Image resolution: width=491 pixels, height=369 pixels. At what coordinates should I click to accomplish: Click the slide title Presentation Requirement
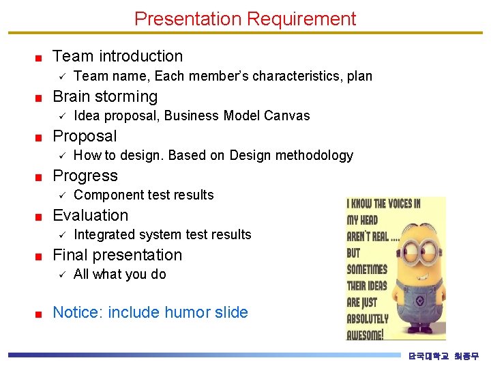click(245, 18)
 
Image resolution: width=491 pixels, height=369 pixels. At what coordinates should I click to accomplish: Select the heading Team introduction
click(117, 56)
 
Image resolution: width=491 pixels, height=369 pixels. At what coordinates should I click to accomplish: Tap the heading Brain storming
click(104, 96)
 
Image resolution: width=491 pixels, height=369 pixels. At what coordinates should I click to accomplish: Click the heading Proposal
click(85, 136)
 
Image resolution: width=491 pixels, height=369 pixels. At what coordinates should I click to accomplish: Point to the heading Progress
click(85, 176)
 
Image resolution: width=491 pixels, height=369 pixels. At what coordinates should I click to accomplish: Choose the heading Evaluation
click(90, 215)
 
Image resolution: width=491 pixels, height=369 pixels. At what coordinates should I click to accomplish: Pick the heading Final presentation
click(117, 255)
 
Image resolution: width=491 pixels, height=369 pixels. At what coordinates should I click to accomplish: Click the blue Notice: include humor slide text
click(150, 312)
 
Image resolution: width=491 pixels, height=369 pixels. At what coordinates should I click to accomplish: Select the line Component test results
click(143, 195)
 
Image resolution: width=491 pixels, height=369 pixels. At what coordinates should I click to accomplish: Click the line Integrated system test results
click(162, 234)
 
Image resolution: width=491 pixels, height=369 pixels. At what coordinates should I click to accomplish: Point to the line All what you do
click(119, 274)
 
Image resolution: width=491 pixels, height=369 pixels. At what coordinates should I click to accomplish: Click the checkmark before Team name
click(61, 76)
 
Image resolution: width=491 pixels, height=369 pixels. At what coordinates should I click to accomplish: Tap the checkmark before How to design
click(61, 155)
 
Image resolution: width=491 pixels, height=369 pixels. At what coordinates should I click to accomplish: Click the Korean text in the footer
click(443, 356)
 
